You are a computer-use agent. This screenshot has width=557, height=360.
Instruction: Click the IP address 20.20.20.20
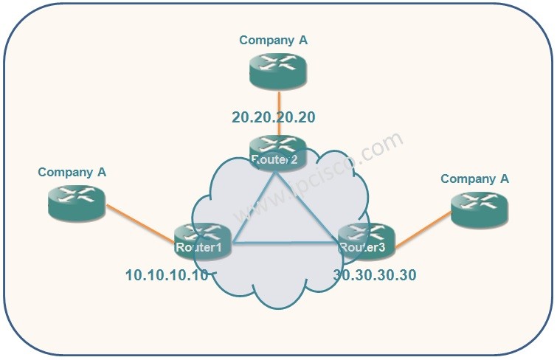coord(273,117)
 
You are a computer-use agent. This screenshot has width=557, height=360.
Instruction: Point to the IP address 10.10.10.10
coord(167,276)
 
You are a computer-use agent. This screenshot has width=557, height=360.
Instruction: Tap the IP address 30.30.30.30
coord(375,276)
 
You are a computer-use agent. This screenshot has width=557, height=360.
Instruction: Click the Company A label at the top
coord(273,41)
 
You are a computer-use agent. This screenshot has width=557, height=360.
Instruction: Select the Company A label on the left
coord(72,172)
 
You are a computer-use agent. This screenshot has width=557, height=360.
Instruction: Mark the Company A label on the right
coord(474,179)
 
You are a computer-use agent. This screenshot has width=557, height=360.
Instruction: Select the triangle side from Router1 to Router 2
coord(254,207)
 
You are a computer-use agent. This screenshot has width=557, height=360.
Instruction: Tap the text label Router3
coord(362,247)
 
